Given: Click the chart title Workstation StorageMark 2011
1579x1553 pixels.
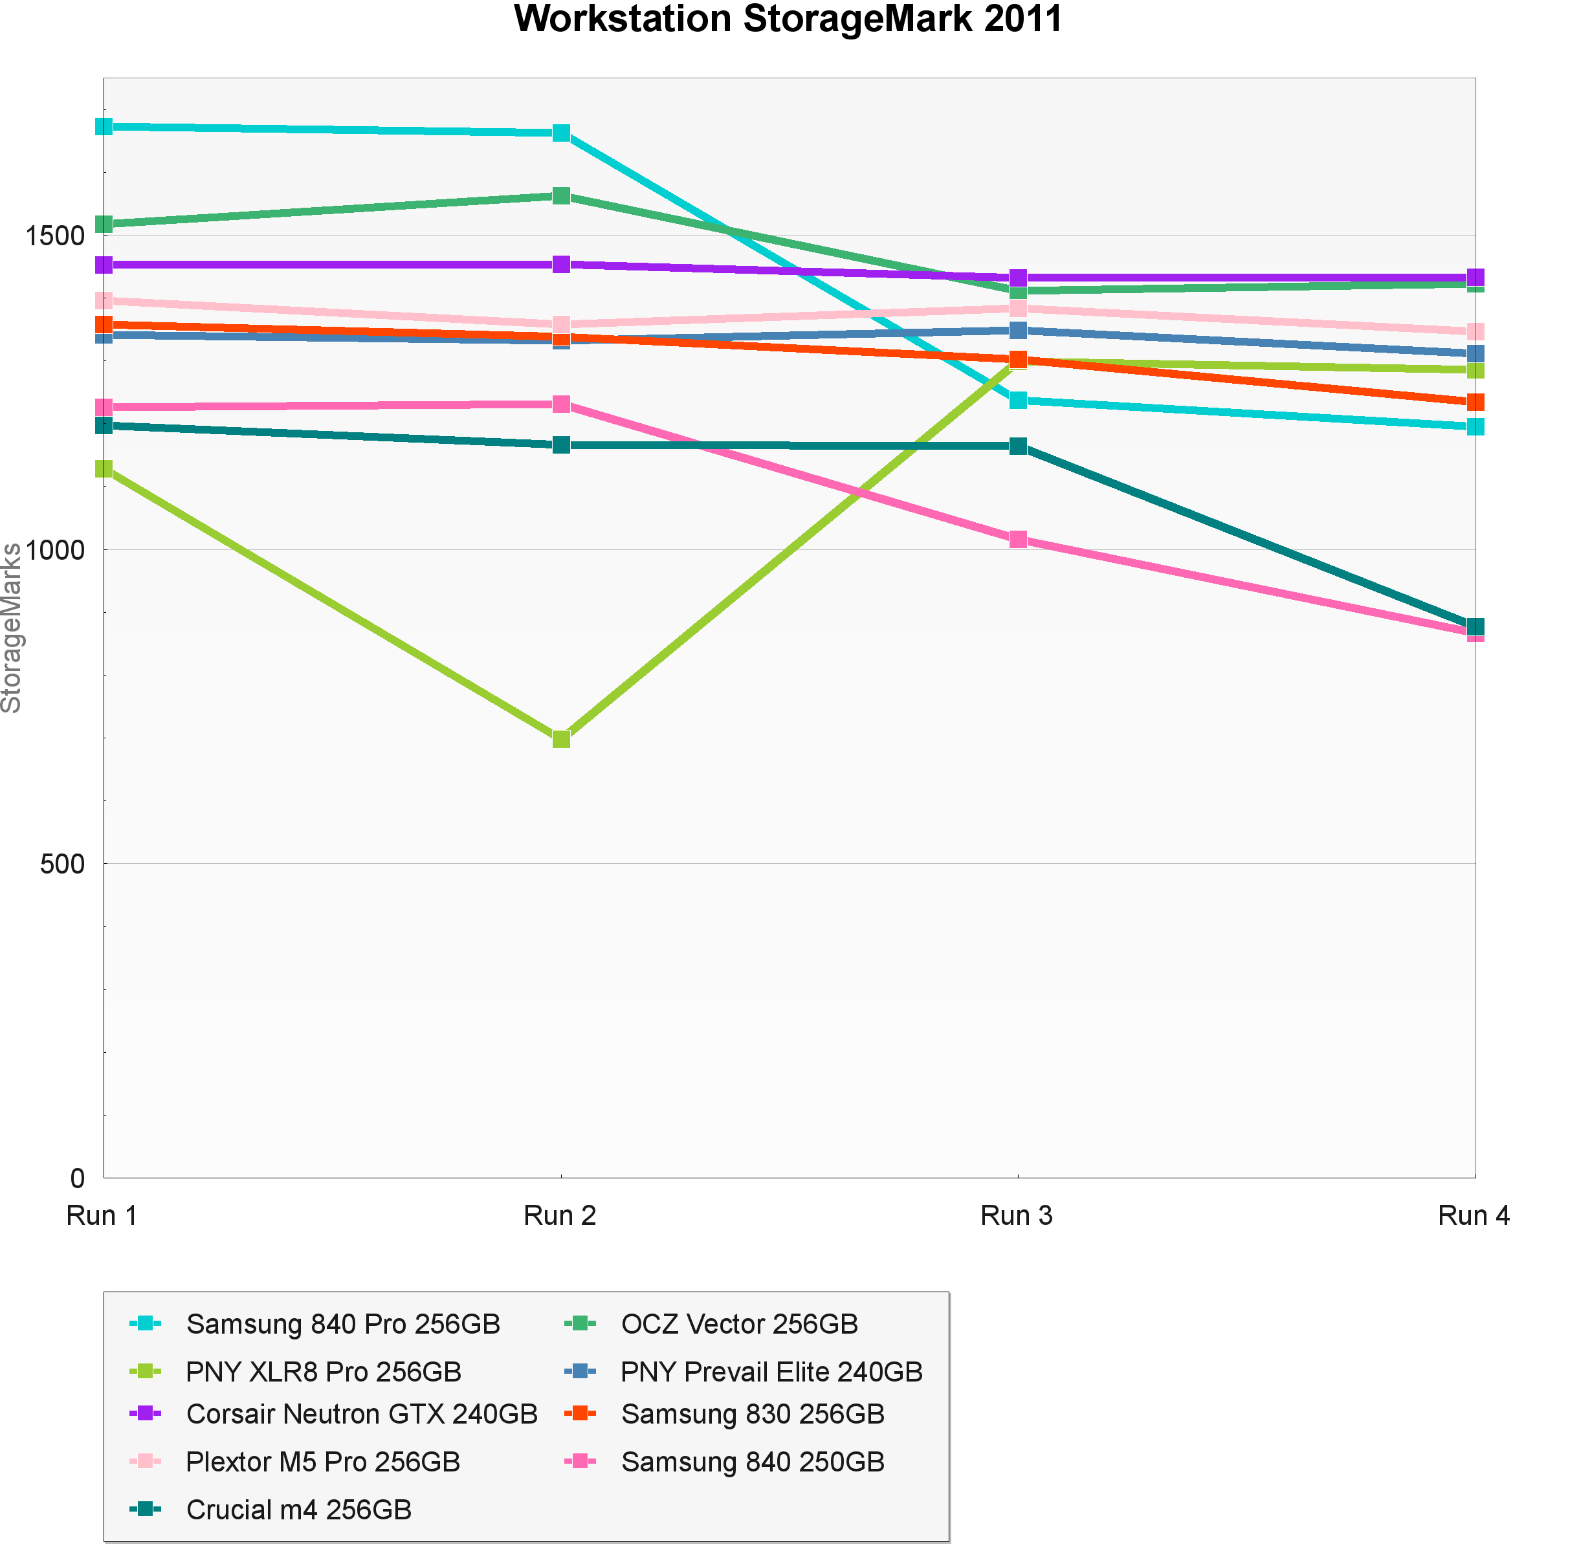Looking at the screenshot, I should [x=788, y=19].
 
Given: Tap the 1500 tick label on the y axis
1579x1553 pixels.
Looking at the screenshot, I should [x=54, y=236].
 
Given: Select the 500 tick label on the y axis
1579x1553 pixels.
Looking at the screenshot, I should [x=62, y=864].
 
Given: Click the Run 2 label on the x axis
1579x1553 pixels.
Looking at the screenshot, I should [x=560, y=1216].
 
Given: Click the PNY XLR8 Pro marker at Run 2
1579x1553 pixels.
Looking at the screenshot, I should [x=561, y=739].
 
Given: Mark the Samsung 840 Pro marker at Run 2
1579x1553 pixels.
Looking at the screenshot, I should [x=561, y=133].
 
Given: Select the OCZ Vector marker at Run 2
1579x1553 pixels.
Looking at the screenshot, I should [x=561, y=196].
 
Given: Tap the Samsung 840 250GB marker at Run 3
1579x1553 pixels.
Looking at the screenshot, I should [x=1018, y=539].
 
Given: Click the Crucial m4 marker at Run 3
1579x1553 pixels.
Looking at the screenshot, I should [x=1018, y=446].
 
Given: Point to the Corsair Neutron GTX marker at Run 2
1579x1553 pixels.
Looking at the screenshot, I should [x=561, y=264].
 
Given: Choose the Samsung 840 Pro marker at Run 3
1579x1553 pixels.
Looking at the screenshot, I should [x=1018, y=401].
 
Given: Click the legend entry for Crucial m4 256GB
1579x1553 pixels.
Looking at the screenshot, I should [x=298, y=1510].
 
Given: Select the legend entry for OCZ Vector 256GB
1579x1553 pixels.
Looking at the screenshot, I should [x=739, y=1324].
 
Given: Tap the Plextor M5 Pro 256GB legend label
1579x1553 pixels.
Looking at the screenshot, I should [x=323, y=1462].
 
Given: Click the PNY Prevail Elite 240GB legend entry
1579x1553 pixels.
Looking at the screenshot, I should [x=771, y=1372].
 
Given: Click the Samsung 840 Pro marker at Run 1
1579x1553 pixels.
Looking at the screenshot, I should [x=104, y=126].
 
